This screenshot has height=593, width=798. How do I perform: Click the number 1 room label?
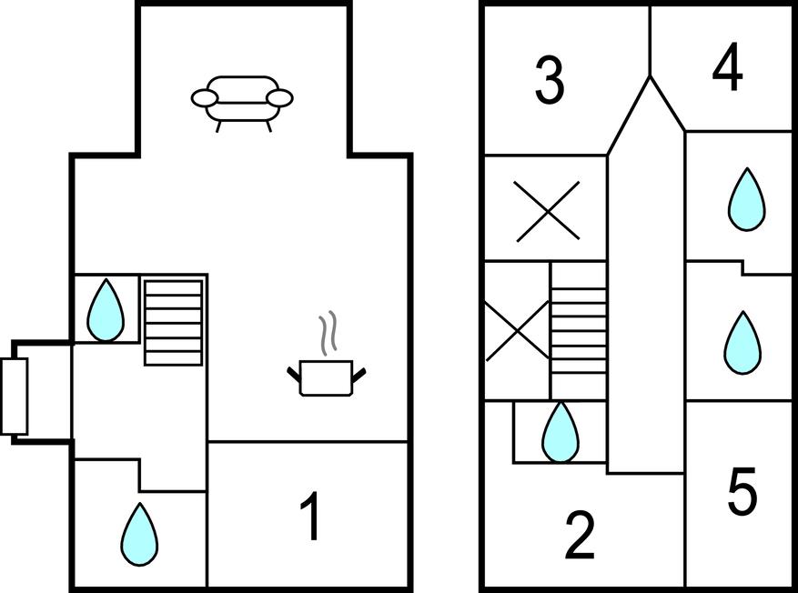click(x=311, y=518)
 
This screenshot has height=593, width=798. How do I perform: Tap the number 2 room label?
click(x=580, y=536)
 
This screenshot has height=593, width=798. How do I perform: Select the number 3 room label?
click(x=549, y=80)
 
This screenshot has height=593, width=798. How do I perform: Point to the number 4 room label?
click(x=727, y=70)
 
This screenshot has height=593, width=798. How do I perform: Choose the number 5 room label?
click(x=742, y=492)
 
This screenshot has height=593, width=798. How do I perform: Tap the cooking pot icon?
click(x=327, y=377)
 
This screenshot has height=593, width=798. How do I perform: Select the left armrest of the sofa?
click(x=204, y=97)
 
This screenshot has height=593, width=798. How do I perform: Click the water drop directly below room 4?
click(x=746, y=199)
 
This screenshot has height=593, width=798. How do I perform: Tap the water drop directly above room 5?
click(x=742, y=343)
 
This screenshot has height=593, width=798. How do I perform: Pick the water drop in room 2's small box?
click(x=560, y=431)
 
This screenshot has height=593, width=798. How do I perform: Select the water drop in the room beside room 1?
click(x=139, y=534)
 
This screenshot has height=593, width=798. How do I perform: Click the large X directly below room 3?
click(x=548, y=211)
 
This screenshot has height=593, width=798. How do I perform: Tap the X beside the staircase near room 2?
click(x=516, y=331)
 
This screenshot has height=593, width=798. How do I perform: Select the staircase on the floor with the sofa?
click(x=173, y=321)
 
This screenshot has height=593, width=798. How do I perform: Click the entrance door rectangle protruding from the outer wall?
click(x=15, y=396)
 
